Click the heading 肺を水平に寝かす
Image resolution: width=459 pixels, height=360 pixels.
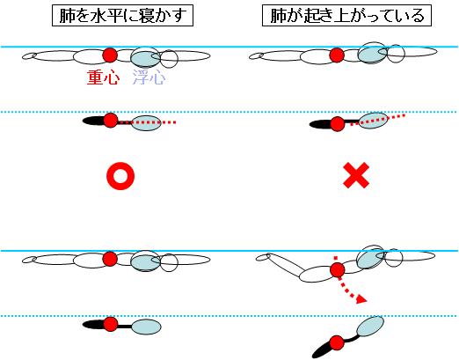(122, 16)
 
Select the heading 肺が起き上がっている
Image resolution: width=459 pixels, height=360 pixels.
(346, 16)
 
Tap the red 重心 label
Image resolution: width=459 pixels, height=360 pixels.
(103, 77)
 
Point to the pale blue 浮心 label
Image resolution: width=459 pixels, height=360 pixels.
(149, 77)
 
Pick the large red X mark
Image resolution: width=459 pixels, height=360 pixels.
(356, 175)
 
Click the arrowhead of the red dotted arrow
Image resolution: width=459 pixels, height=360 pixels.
(362, 299)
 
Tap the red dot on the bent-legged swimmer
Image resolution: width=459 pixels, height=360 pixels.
(337, 269)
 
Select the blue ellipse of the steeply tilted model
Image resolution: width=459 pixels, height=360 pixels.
(370, 326)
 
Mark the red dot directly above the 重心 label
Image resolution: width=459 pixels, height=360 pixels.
(110, 55)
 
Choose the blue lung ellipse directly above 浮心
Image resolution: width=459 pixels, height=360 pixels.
(145, 58)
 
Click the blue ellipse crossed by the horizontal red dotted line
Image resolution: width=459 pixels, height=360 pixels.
(146, 123)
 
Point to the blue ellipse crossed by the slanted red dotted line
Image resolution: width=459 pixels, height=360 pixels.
(373, 121)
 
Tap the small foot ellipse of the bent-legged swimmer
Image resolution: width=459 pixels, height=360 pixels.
(263, 257)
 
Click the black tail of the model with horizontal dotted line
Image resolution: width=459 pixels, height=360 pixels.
(93, 121)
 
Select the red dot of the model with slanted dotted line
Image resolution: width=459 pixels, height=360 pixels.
(338, 124)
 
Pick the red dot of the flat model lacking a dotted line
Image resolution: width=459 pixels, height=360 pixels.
(111, 324)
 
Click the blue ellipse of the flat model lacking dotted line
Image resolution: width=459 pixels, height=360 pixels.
(146, 327)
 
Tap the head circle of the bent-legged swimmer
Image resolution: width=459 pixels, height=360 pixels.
(393, 258)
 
